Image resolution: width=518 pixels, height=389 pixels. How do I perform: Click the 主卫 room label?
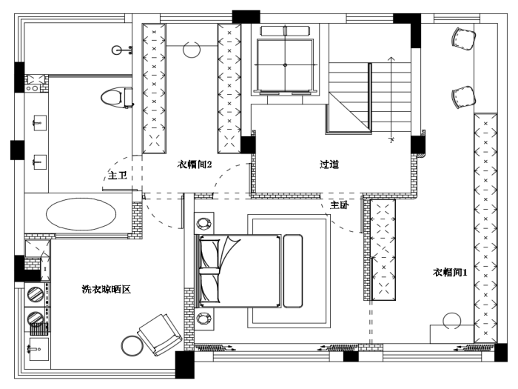[x=118, y=175]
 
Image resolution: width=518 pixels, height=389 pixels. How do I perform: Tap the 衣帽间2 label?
[x=194, y=164]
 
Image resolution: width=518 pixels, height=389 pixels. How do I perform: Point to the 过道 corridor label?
[x=329, y=164]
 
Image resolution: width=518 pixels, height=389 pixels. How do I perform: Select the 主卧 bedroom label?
[x=339, y=205]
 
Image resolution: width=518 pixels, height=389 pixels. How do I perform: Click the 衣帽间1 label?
[x=450, y=272]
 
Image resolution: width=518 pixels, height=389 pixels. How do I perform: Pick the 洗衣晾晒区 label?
[x=106, y=289]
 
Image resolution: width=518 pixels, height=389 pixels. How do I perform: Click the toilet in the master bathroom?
[x=117, y=97]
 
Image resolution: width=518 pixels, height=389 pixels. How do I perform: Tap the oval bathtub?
[x=81, y=213]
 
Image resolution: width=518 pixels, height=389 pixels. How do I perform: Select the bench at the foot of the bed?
[x=293, y=271]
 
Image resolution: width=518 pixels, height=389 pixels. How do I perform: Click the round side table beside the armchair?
[x=132, y=346]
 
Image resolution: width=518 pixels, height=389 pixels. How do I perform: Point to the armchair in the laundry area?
[x=160, y=334]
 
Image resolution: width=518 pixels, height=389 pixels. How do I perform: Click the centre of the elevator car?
[x=285, y=65]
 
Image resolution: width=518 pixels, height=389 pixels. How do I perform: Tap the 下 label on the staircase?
[x=391, y=140]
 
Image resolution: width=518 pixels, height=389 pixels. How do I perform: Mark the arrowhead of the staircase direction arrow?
[x=391, y=59]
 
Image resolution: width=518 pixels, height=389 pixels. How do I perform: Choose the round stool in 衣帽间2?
[x=192, y=50]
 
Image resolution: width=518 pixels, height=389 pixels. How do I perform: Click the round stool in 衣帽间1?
[x=452, y=321]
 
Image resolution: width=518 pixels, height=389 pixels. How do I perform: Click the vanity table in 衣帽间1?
[x=452, y=334]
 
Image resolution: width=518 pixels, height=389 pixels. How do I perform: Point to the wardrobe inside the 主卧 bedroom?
[x=383, y=250]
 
